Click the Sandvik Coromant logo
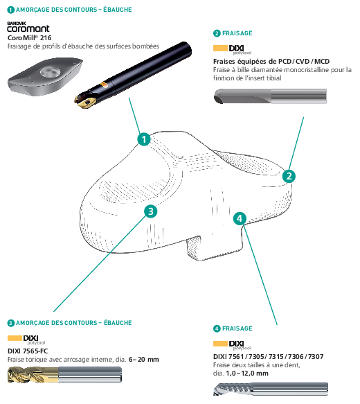click(x=28, y=27)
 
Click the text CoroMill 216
click(x=29, y=38)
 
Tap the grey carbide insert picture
click(x=45, y=76)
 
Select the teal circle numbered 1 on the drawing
click(x=144, y=139)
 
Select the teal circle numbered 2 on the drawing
click(x=289, y=176)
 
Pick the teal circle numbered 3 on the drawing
click(x=150, y=211)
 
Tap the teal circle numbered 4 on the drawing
click(x=240, y=218)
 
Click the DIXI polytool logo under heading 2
click(x=232, y=49)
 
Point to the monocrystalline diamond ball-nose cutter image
click(x=270, y=96)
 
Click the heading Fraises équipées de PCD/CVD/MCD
click(x=271, y=61)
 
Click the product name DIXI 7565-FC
click(x=28, y=351)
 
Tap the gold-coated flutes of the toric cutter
click(x=33, y=375)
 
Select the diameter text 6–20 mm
click(x=143, y=360)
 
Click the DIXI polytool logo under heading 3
click(x=26, y=340)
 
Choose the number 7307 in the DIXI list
click(x=316, y=357)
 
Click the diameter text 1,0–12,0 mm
click(x=247, y=374)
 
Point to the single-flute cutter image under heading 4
click(x=271, y=389)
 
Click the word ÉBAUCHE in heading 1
click(x=118, y=10)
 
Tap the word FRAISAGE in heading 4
click(x=237, y=328)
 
